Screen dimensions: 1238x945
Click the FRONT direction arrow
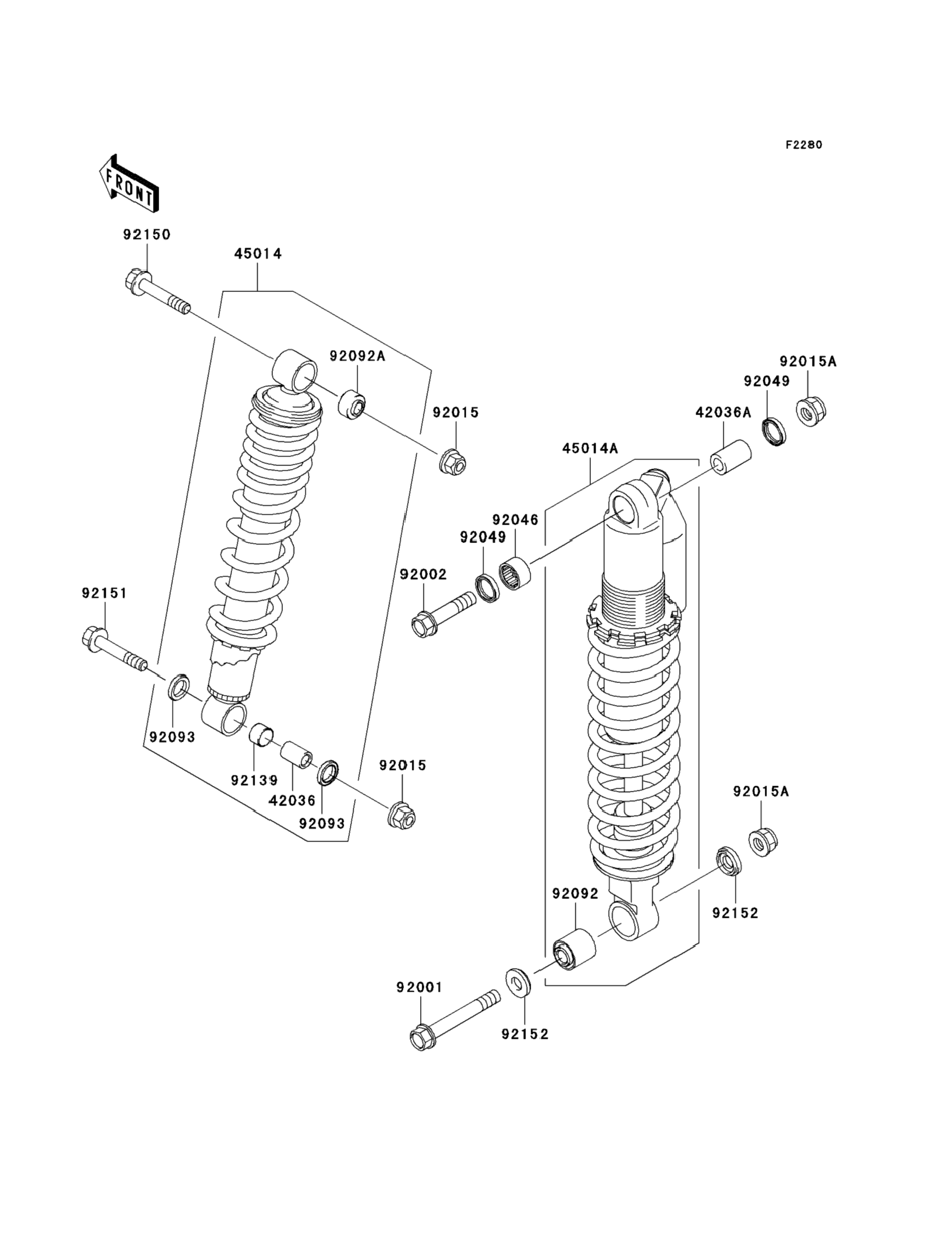click(129, 184)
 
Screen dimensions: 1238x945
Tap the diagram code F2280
click(804, 145)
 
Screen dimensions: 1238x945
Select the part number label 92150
click(147, 234)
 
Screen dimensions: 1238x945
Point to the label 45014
click(258, 254)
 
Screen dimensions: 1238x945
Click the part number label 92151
click(105, 593)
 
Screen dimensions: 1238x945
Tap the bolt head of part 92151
click(93, 639)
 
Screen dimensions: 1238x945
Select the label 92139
click(254, 780)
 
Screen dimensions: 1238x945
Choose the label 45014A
click(590, 449)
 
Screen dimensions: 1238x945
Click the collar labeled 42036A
click(730, 458)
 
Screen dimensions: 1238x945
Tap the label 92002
click(423, 574)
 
